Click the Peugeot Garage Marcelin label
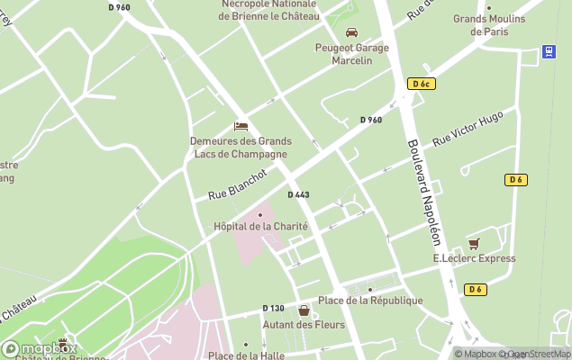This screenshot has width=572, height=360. pyautogui.click(x=350, y=54)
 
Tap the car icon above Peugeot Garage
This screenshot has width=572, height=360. pyautogui.click(x=351, y=32)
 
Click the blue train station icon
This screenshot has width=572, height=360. pyautogui.click(x=548, y=51)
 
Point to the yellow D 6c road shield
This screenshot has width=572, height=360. pyautogui.click(x=421, y=84)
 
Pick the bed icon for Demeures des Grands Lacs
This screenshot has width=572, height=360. pyautogui.click(x=241, y=126)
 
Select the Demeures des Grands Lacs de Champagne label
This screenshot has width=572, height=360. pyautogui.click(x=241, y=147)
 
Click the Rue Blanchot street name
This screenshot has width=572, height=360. pyautogui.click(x=237, y=184)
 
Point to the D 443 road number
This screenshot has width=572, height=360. pyautogui.click(x=298, y=195)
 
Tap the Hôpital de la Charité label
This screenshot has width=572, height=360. pyautogui.click(x=260, y=226)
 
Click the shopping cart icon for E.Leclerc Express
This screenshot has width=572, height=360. pyautogui.click(x=474, y=243)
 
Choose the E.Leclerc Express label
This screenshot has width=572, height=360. pyautogui.click(x=474, y=258)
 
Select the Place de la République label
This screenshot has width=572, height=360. pyautogui.click(x=370, y=300)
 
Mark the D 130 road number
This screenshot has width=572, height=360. pyautogui.click(x=273, y=309)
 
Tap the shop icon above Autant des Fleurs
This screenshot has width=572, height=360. pyautogui.click(x=304, y=310)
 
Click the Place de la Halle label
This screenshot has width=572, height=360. pyautogui.click(x=245, y=356)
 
